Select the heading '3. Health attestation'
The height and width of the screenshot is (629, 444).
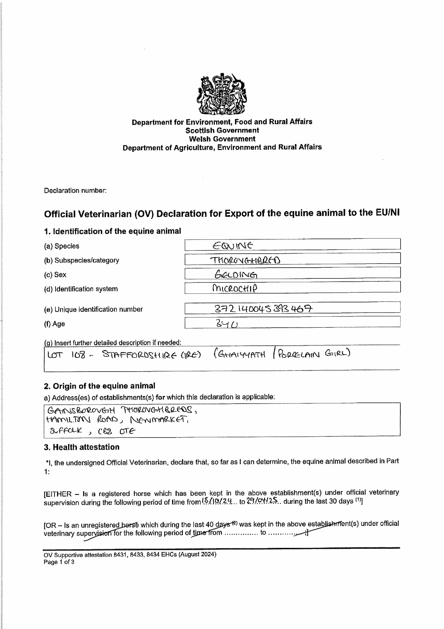[x=82, y=447]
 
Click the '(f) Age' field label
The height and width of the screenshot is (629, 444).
[x=54, y=324]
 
